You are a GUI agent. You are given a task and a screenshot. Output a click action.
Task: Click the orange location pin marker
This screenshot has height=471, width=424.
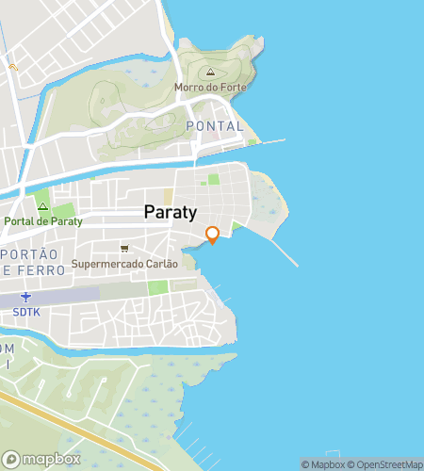point(212,235)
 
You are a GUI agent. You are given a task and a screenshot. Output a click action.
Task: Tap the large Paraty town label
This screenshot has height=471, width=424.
point(171,213)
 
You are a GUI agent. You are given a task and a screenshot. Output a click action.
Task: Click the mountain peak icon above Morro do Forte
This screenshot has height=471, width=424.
point(210,73)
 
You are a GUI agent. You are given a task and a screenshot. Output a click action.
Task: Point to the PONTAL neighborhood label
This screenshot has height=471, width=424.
point(215,126)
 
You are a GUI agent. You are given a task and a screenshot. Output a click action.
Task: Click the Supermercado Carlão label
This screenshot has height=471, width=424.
point(124,264)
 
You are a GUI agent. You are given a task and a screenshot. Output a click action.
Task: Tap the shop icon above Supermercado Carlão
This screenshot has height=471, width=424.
point(123,249)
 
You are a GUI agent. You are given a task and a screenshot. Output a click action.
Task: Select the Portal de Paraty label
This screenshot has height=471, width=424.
point(43,221)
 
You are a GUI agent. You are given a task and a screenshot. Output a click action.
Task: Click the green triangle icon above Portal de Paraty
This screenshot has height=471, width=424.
point(42,206)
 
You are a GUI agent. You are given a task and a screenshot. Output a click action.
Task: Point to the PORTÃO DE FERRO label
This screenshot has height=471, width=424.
point(34,262)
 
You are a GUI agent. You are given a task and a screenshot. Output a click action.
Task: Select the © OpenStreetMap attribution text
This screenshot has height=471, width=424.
point(384,464)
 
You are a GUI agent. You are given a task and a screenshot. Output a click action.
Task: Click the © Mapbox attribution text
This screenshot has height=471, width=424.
point(323,464)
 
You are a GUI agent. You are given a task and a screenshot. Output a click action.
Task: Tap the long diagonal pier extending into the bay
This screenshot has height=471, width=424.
point(284,252)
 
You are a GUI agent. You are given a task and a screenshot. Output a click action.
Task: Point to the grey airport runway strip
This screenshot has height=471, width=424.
point(57,296)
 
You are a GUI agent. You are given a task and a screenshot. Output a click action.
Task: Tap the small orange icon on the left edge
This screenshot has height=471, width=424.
point(13,67)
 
